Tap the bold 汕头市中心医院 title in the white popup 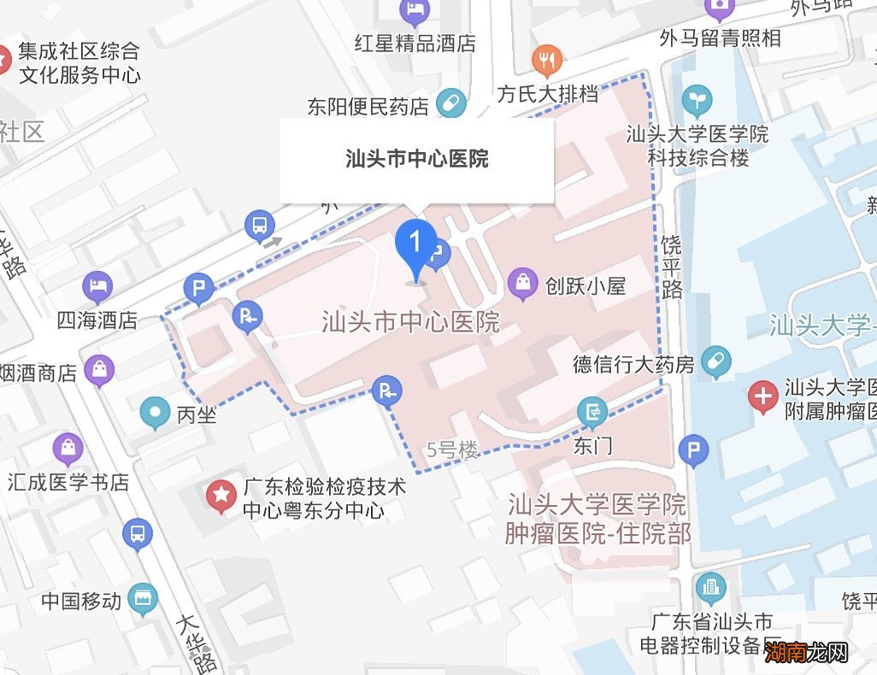tap(417, 159)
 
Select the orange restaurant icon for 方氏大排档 tap(546, 60)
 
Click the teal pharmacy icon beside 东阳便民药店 tap(450, 104)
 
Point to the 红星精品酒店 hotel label tap(415, 44)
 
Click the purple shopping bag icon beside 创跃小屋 tap(522, 285)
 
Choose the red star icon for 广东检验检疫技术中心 tap(222, 495)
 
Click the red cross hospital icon tap(762, 396)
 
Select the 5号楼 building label tap(452, 449)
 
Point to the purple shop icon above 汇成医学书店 tap(68, 448)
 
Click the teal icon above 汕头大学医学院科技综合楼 tap(698, 101)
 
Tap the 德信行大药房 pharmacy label tap(633, 366)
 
